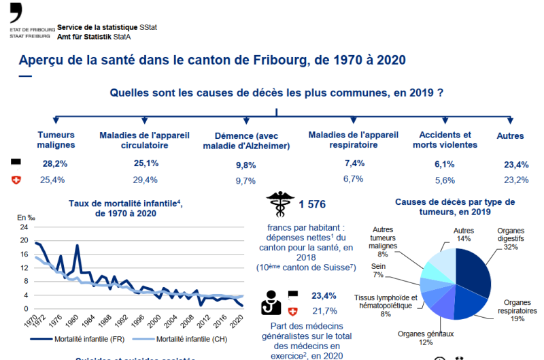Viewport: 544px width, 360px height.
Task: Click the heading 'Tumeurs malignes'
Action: (56, 140)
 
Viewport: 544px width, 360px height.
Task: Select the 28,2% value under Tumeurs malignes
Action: (55, 164)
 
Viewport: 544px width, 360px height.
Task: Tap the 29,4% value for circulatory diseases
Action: (146, 180)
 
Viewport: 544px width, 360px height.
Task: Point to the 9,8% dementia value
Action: (245, 165)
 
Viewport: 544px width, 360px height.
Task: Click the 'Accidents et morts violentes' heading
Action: (445, 140)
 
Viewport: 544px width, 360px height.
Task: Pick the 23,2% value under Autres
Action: (516, 180)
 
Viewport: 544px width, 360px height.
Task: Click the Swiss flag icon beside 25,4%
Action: (16, 180)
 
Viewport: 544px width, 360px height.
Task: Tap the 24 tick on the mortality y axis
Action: (24, 227)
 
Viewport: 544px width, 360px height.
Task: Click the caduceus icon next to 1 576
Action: (277, 202)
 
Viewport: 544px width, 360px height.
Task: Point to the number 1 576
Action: (312, 203)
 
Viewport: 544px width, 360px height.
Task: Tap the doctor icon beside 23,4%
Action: (272, 302)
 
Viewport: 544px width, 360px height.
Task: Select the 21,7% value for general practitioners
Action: (323, 310)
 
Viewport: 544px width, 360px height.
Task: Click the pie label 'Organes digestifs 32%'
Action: (515, 239)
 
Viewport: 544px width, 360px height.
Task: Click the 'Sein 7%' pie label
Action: (378, 269)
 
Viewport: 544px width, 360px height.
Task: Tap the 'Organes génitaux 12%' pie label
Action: (426, 338)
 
